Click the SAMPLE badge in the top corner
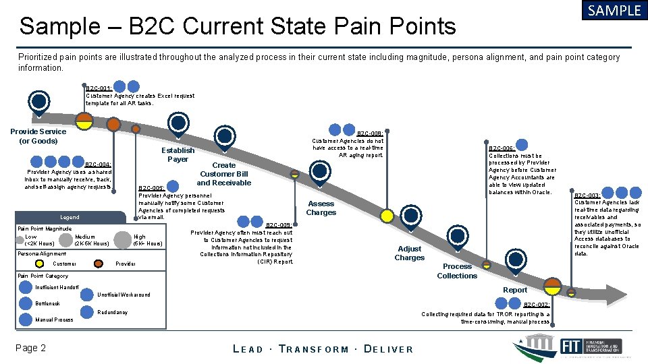pos(614,11)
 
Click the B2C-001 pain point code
pos(99,88)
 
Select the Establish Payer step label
pos(178,155)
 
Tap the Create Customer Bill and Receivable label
pos(224,174)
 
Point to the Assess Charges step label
pos(321,208)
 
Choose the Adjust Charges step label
pos(409,253)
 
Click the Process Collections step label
pos(457,271)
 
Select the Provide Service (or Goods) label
pos(38,136)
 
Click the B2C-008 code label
pos(370,133)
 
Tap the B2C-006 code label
pos(502,148)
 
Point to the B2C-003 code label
pos(587,195)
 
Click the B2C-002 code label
pos(537,305)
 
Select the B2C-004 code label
pos(98,164)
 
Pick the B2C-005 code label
pos(151,188)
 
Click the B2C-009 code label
pos(279,225)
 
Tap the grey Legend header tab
pos(70,217)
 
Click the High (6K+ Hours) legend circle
pos(122,239)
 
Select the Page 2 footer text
pos(32,348)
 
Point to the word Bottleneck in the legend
pos(47,304)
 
